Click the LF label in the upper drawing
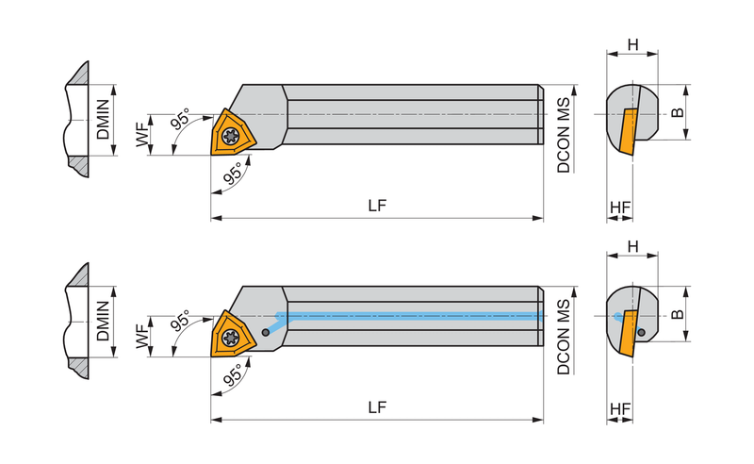click(377, 206)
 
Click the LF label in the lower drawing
click(377, 407)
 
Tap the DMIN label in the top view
click(103, 120)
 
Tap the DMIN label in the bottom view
click(103, 321)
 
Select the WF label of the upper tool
click(142, 134)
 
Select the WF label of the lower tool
click(142, 336)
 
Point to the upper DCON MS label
click(563, 135)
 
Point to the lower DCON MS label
click(563, 337)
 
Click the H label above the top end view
click(632, 44)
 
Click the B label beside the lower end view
click(677, 314)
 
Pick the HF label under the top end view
click(620, 207)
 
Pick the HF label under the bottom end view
click(620, 409)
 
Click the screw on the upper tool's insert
click(231, 137)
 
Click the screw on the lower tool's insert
click(231, 339)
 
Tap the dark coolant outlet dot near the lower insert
click(266, 333)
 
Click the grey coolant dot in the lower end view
click(641, 332)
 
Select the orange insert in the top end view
click(629, 132)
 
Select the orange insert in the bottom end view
click(629, 334)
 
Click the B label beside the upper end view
click(677, 112)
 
